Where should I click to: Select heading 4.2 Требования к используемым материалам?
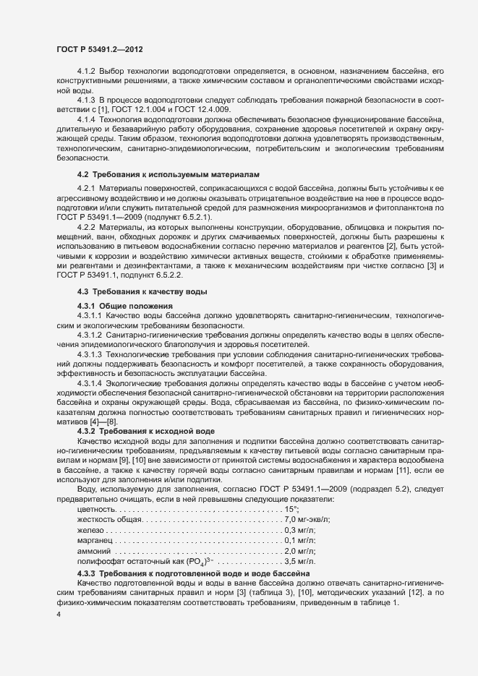point(168,175)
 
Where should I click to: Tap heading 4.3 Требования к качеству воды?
point(142,291)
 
